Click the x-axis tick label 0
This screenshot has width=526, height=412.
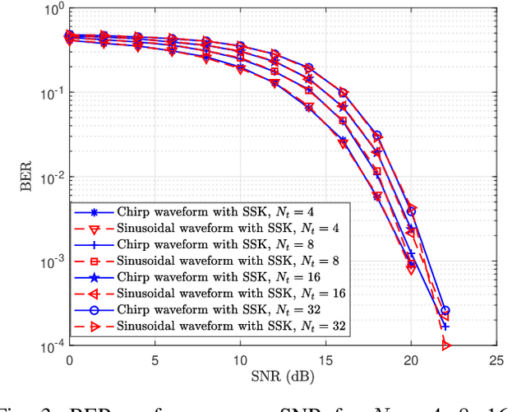69,360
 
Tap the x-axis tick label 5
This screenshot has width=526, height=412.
154,360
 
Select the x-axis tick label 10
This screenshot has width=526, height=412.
239,360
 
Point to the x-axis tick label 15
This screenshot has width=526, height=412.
325,360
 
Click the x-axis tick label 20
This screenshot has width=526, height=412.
410,360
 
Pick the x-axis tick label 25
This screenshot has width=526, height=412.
496,360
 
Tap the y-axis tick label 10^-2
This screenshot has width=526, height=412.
47,178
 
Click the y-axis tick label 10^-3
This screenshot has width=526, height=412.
47,262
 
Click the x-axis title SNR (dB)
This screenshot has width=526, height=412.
282,377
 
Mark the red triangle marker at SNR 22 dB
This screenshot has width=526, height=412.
445,345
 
